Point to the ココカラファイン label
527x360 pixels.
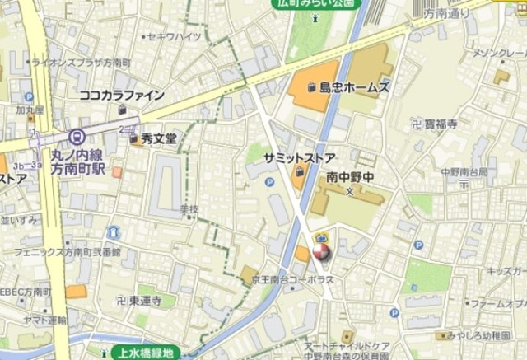pyautogui.click(x=121, y=96)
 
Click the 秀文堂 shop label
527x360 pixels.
pyautogui.click(x=158, y=139)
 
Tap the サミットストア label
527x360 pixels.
pyautogui.click(x=299, y=157)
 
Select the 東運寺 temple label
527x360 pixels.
pyautogui.click(x=145, y=301)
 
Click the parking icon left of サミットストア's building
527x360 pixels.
pyautogui.click(x=269, y=182)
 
